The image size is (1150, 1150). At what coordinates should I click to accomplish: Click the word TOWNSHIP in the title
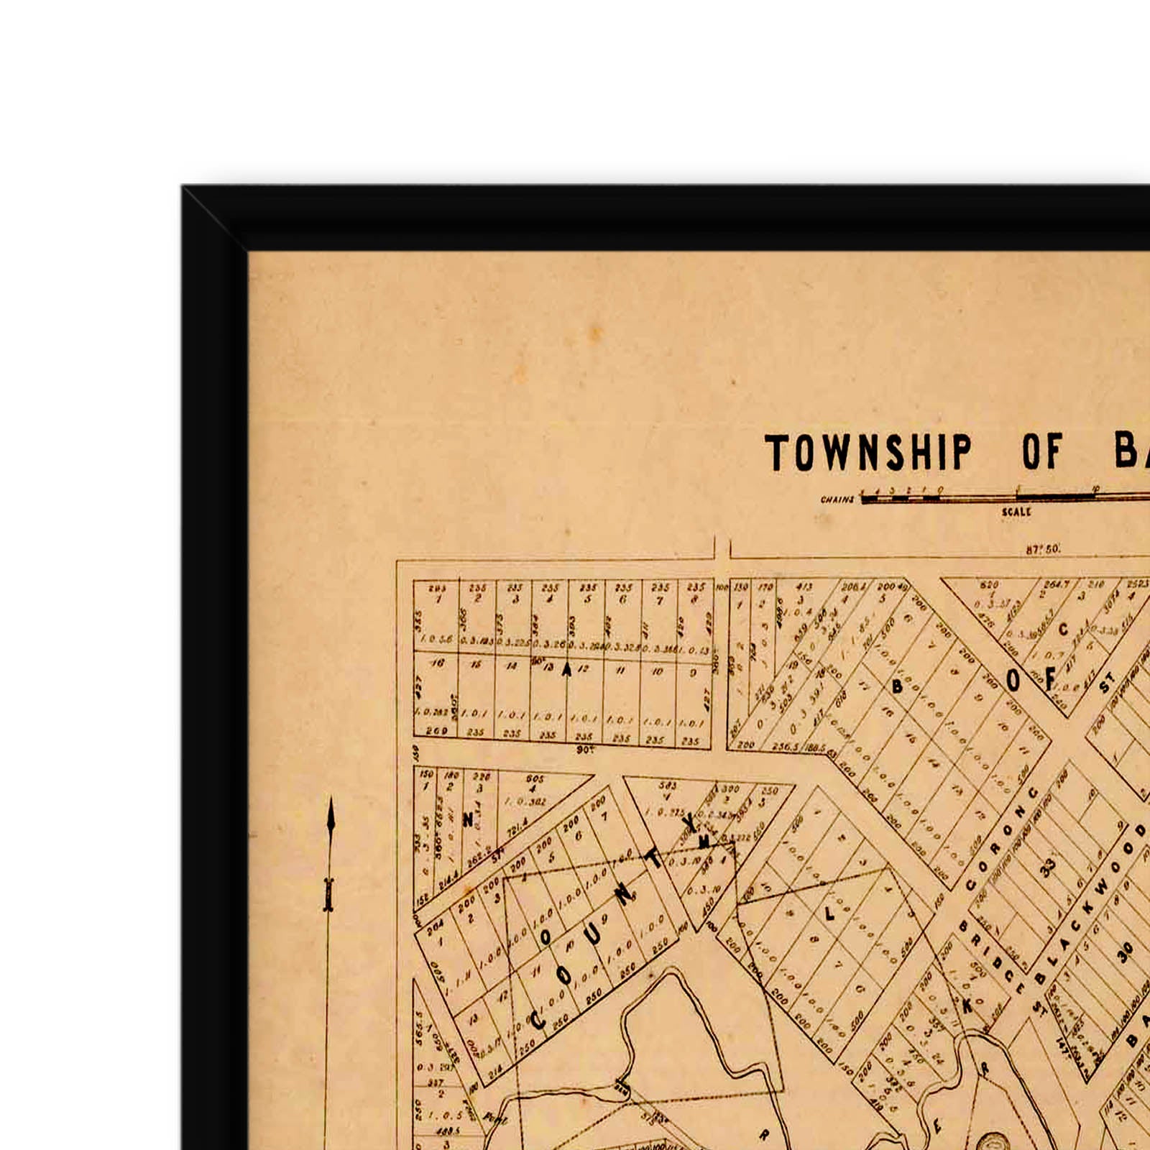868,453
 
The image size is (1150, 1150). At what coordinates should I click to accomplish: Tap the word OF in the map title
1041,452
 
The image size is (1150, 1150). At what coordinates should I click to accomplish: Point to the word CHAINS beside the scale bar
837,500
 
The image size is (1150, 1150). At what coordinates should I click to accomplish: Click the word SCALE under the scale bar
1016,512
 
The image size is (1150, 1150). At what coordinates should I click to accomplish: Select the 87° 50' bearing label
1042,549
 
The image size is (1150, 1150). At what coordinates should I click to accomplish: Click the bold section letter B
897,687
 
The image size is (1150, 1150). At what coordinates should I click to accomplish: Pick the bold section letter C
1064,630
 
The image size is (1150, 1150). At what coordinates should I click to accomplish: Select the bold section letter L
830,914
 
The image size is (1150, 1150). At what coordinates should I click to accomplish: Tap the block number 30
1125,952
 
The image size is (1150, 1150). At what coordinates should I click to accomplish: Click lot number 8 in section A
695,599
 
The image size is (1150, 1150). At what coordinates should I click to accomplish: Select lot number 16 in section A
437,663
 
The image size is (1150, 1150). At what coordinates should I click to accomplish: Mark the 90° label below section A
585,750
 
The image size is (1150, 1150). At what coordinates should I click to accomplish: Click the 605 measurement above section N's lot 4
535,778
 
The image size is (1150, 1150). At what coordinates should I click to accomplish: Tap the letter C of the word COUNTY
538,1019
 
